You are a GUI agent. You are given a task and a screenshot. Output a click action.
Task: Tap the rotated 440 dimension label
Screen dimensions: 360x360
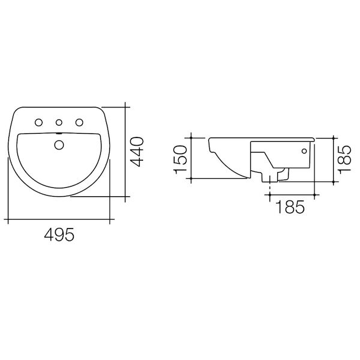138,152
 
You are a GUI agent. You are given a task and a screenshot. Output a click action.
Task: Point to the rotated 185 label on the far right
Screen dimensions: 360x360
344,157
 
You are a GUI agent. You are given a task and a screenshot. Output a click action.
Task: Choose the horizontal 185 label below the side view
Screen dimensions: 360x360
290,208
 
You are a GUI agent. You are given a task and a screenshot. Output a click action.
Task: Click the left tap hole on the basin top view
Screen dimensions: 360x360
39,123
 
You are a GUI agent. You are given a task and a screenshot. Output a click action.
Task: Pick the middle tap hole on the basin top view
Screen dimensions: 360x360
59,123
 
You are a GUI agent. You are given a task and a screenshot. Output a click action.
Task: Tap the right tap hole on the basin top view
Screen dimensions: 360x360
79,123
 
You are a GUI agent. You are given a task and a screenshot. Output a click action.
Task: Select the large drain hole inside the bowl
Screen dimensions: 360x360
59,144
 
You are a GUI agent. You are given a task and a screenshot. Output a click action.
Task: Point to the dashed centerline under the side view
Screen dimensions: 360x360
271,188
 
